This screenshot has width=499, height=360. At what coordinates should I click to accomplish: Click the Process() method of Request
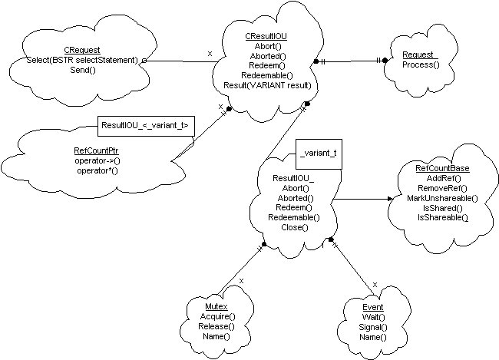point(421,65)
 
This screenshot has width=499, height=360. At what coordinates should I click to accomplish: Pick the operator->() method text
point(97,161)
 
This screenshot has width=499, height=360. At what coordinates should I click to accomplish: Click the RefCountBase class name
point(442,168)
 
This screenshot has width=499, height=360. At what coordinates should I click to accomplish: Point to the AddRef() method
point(442,178)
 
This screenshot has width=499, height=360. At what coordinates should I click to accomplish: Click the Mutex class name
point(217,306)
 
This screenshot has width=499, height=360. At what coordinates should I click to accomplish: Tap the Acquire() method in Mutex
point(217,316)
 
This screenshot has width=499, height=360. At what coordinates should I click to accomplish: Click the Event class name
point(372,307)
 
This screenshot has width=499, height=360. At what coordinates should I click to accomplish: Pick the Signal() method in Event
point(372,327)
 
